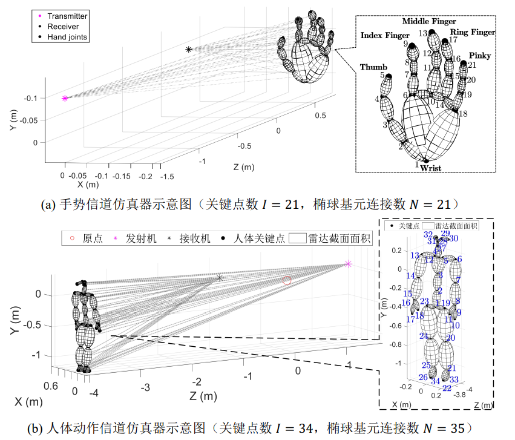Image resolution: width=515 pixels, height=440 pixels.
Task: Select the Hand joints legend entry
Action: tap(67, 37)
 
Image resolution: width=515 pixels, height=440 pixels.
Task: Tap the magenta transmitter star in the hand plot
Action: tap(65, 97)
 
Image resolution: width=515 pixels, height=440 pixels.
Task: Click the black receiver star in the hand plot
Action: tap(189, 49)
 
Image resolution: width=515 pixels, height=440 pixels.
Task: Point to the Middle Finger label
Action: tap(428, 21)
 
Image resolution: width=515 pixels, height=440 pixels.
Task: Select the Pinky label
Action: tap(480, 56)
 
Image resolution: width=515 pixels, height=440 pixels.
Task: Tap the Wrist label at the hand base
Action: tap(431, 168)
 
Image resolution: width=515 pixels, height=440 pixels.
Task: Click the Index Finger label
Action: tap(384, 36)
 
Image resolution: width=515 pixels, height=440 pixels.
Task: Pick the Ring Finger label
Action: tap(473, 32)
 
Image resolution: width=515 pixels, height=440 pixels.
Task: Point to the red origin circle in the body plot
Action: tap(287, 280)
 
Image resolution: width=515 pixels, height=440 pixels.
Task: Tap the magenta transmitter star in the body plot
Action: tap(348, 263)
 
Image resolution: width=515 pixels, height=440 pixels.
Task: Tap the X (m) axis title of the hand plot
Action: tap(84, 184)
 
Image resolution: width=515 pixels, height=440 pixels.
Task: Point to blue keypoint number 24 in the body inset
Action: tap(424, 336)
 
